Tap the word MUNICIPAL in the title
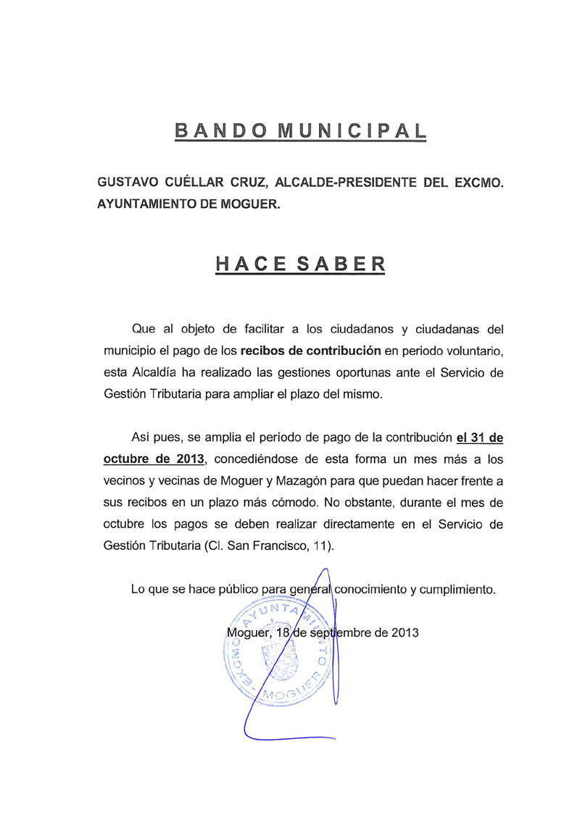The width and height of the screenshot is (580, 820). (352, 131)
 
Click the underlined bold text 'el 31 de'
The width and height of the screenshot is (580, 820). (479, 438)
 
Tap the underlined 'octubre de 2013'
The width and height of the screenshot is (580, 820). (154, 459)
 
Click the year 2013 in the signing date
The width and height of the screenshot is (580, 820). (405, 632)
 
